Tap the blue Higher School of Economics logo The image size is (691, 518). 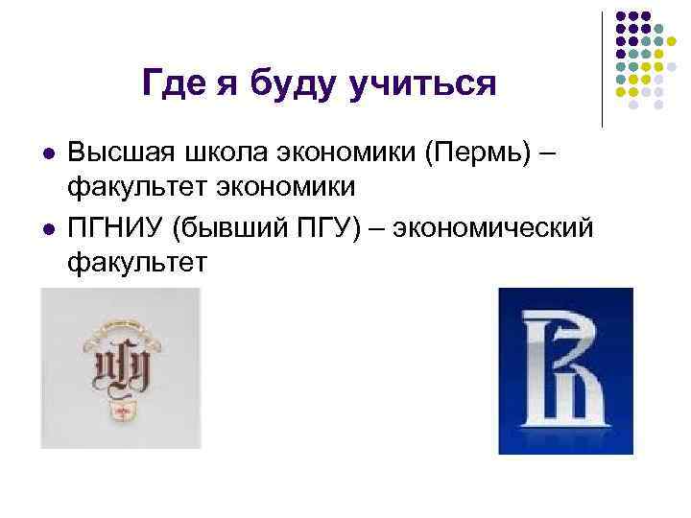(x=565, y=370)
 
